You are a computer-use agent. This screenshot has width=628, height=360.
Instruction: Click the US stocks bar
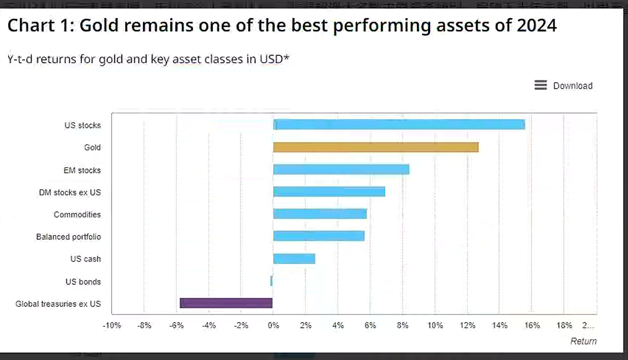pyautogui.click(x=399, y=125)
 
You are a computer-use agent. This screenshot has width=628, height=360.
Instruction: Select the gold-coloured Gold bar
pyautogui.click(x=376, y=147)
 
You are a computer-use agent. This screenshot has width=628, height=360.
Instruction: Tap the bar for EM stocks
pyautogui.click(x=341, y=170)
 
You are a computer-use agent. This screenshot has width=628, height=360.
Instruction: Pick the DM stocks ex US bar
pyautogui.click(x=329, y=192)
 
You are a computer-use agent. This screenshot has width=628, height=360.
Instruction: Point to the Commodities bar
pyautogui.click(x=320, y=214)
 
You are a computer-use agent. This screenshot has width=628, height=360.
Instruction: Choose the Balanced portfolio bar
pyautogui.click(x=319, y=236)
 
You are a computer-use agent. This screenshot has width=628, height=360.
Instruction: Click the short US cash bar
pyautogui.click(x=294, y=259)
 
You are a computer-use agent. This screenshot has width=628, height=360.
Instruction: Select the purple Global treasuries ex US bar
pyautogui.click(x=226, y=303)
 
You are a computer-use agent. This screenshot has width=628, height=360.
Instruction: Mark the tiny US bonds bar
pyautogui.click(x=272, y=281)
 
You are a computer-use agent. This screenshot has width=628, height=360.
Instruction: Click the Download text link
pyautogui.click(x=572, y=86)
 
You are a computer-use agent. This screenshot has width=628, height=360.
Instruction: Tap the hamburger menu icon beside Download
pyautogui.click(x=540, y=85)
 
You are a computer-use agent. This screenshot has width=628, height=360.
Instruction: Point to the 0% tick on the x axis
pyautogui.click(x=273, y=325)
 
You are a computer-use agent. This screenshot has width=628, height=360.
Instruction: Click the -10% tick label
pyautogui.click(x=112, y=325)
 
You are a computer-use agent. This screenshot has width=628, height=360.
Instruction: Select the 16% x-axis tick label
pyautogui.click(x=532, y=325)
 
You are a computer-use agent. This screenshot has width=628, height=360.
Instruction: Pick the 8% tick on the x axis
pyautogui.click(x=402, y=325)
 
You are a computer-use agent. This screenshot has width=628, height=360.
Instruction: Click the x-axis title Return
pyautogui.click(x=583, y=341)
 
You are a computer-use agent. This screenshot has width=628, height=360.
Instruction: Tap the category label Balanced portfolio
pyautogui.click(x=68, y=237)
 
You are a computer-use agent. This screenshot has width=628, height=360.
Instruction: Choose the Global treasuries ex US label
pyautogui.click(x=58, y=304)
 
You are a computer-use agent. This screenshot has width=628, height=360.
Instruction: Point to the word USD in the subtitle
pyautogui.click(x=271, y=59)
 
